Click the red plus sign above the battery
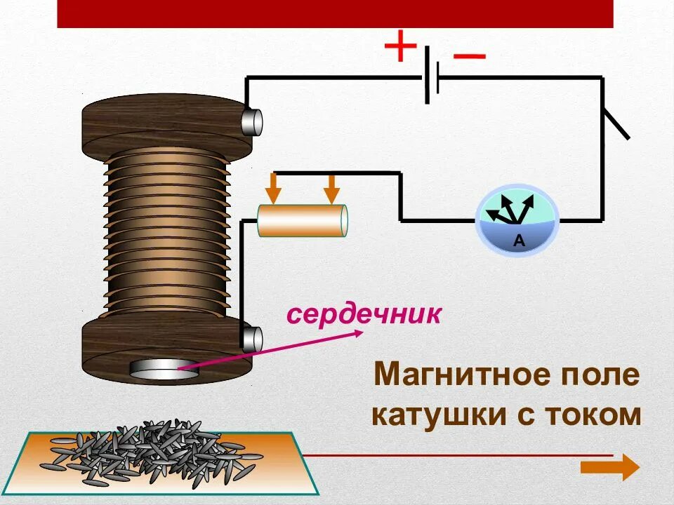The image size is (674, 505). point(400,48)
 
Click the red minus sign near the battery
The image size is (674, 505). point(469,56)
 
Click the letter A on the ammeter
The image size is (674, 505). point(519,241)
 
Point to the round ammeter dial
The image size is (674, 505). point(517,220)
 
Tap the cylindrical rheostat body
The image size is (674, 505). point(303,221)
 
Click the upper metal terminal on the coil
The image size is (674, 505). point(252,122)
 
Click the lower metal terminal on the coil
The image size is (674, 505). point(252,339)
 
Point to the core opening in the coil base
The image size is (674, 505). point(164,370)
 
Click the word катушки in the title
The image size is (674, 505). point(437,415)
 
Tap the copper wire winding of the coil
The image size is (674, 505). point(166,231)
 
